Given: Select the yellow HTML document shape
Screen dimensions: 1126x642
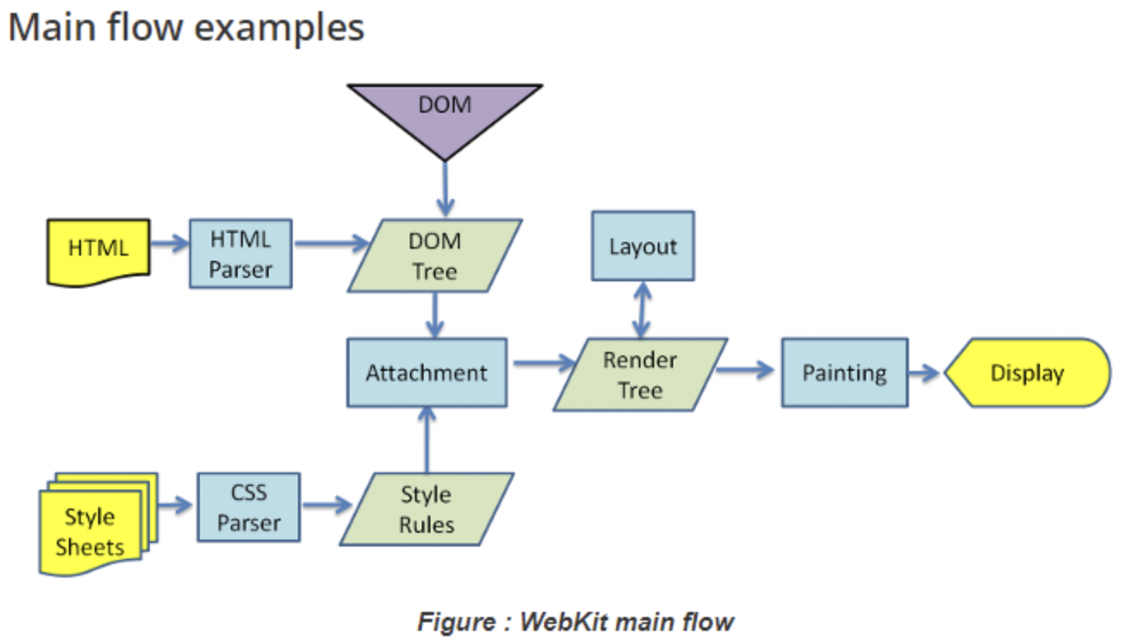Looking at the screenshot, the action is (98, 253).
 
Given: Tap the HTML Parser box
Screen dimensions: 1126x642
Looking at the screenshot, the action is (241, 254).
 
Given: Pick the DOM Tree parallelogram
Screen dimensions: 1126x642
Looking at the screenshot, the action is (435, 256).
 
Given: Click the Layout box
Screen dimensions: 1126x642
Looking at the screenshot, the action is (643, 245).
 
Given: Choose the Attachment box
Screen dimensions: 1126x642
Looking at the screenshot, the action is (427, 373).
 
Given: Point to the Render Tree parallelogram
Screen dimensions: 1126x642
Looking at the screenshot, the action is (640, 374).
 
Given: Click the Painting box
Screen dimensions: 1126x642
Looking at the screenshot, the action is (844, 373).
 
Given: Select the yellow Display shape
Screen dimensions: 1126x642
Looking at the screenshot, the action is (1027, 373).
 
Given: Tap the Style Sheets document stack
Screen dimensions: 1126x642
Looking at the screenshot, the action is (98, 524).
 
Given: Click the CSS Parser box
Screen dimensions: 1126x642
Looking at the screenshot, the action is (249, 507).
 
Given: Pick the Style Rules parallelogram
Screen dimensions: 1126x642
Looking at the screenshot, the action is (427, 509).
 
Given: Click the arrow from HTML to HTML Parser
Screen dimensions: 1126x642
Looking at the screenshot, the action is (170, 244).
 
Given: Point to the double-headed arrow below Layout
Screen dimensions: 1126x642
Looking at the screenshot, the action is (642, 310).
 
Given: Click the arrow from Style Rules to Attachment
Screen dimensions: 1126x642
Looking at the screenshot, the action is (427, 440).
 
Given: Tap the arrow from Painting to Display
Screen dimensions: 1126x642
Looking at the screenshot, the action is (924, 373).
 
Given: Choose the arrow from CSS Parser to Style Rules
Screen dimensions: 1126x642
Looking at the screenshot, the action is (328, 505).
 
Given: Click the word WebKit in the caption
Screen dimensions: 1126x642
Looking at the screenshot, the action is (563, 622).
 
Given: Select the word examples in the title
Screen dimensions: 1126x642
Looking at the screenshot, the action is (279, 28).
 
